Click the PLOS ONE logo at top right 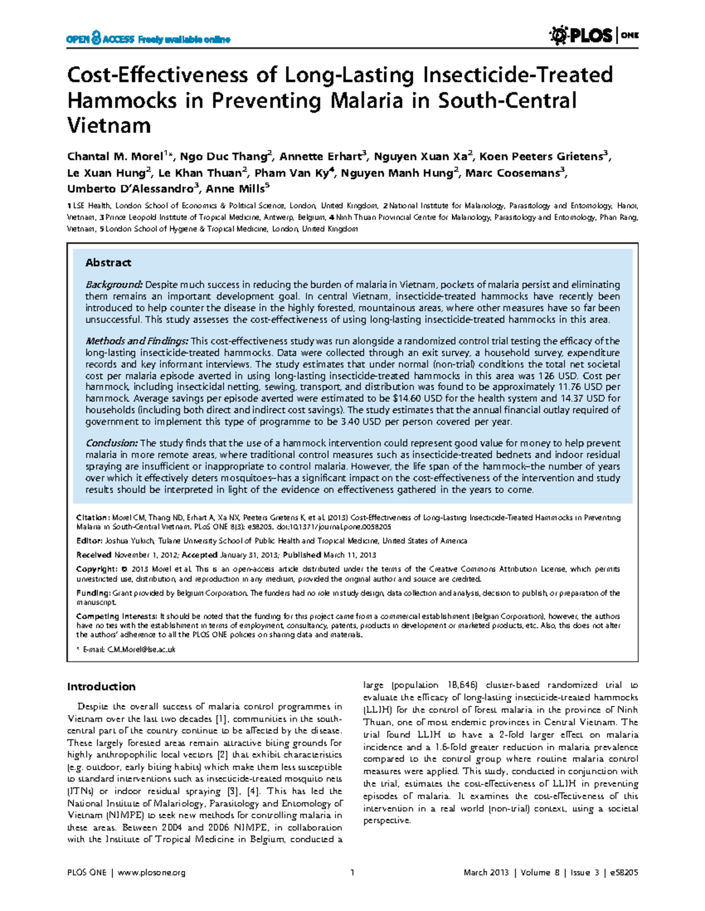(x=593, y=36)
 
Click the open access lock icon (x=96, y=39)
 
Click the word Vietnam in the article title (x=109, y=125)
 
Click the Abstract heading (x=108, y=263)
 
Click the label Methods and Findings (x=136, y=341)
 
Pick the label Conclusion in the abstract (x=111, y=443)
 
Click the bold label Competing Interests (x=116, y=617)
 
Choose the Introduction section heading (x=101, y=686)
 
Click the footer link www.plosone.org (x=152, y=873)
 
